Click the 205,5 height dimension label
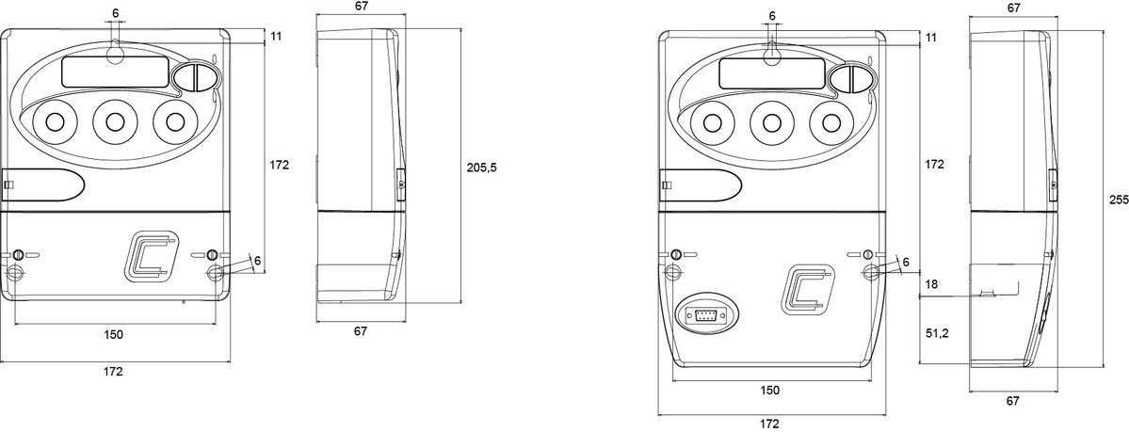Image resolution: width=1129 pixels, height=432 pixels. [x=482, y=167]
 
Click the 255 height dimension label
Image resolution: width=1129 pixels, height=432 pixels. [x=1119, y=200]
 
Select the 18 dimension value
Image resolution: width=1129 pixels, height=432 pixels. [x=931, y=285]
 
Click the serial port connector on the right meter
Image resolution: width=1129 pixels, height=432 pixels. [x=705, y=313]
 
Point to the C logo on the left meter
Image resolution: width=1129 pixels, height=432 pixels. [x=152, y=256]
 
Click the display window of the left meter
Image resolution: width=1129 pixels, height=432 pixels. [x=116, y=72]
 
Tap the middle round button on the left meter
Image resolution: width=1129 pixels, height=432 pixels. [x=114, y=121]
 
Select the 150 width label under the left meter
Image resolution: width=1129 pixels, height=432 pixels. [x=114, y=334]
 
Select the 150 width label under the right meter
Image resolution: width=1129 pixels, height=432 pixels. [x=769, y=391]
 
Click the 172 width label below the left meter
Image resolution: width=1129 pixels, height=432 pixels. [x=113, y=372]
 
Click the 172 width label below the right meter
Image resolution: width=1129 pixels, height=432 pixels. [x=769, y=424]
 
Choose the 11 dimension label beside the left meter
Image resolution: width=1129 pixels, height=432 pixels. [x=277, y=37]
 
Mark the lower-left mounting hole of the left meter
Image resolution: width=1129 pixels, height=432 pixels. [x=14, y=273]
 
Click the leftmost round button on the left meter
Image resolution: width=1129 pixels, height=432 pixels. [x=54, y=121]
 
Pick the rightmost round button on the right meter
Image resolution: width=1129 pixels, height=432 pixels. [x=831, y=121]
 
